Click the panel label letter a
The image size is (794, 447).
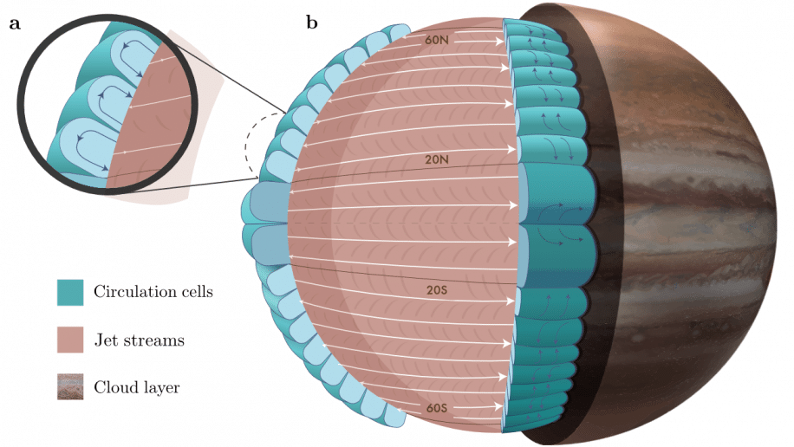point(15,23)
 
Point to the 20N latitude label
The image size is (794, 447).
point(435,160)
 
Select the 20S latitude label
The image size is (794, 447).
point(435,291)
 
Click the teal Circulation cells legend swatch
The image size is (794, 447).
point(70,292)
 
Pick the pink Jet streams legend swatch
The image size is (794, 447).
point(70,340)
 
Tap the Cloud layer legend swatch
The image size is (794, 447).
point(70,386)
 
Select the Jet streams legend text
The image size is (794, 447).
point(139,340)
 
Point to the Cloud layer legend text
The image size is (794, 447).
point(137,387)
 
